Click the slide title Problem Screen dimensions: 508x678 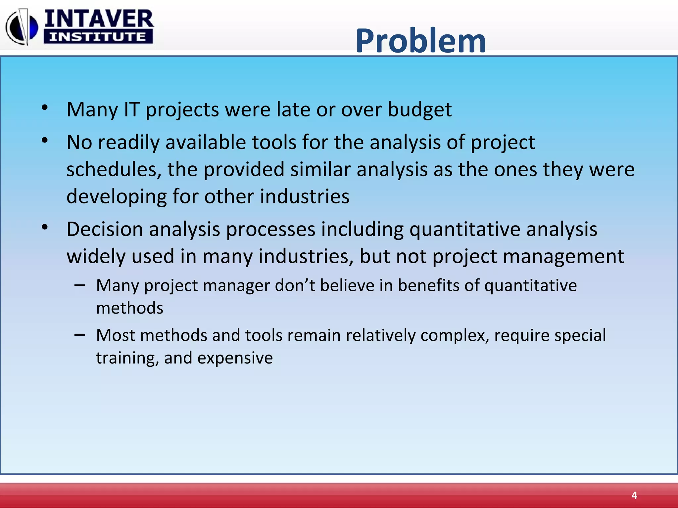[x=421, y=41]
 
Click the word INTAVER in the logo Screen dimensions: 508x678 [x=99, y=19]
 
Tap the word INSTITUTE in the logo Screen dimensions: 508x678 [x=98, y=37]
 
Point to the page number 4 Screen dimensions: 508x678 [x=634, y=495]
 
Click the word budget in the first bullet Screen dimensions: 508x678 [x=419, y=109]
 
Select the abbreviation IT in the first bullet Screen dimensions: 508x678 [x=131, y=109]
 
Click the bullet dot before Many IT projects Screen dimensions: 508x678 [x=45, y=107]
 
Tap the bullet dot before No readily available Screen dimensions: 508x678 [x=45, y=141]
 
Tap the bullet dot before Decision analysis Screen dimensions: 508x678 [x=45, y=227]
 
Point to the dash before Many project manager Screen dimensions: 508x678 [x=80, y=285]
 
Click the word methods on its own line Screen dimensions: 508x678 [x=129, y=308]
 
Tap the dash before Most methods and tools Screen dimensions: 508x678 [x=80, y=335]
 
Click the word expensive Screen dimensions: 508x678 [x=235, y=358]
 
